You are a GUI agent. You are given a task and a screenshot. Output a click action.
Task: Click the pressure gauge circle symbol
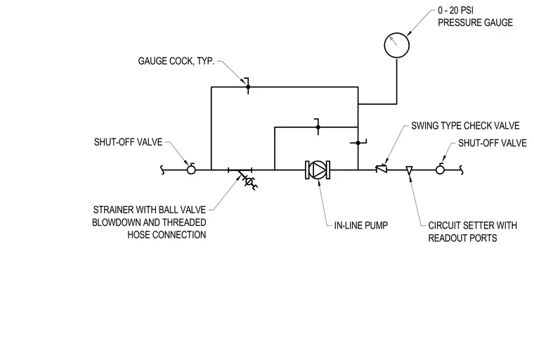click(x=397, y=33)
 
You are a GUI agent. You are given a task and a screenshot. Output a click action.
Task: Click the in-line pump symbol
click(x=318, y=169)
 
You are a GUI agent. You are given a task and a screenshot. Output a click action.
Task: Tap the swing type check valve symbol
click(x=382, y=169)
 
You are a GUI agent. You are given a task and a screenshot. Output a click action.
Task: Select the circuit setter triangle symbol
click(x=410, y=170)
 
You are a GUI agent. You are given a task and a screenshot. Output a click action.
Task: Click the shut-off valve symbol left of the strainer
click(x=191, y=169)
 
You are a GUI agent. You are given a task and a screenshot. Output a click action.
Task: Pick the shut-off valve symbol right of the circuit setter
click(x=440, y=169)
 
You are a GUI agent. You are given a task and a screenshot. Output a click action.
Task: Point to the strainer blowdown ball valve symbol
click(x=249, y=181)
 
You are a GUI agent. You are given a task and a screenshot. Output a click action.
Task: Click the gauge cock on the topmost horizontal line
click(x=248, y=86)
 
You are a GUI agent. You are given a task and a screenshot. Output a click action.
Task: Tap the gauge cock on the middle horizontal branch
click(x=318, y=127)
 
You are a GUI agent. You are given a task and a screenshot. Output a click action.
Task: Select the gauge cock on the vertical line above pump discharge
click(x=358, y=143)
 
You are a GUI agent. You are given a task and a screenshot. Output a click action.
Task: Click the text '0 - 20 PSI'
click(x=455, y=11)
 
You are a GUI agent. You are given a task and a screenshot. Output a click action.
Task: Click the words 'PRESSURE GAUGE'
click(x=475, y=22)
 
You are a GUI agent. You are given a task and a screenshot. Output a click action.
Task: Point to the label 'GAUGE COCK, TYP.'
click(x=176, y=61)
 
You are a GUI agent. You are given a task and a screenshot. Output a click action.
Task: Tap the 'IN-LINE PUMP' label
click(x=360, y=225)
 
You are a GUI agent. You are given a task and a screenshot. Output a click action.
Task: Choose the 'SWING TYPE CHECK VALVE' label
click(x=465, y=126)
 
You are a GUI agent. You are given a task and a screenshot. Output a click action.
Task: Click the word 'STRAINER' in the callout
click(x=113, y=210)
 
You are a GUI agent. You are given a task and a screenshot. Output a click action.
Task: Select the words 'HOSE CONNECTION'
click(x=167, y=235)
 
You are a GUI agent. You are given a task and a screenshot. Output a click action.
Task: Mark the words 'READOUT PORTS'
click(x=462, y=238)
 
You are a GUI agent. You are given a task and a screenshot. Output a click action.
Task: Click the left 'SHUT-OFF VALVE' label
click(x=128, y=142)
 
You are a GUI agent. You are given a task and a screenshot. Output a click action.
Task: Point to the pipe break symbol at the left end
click(x=162, y=169)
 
